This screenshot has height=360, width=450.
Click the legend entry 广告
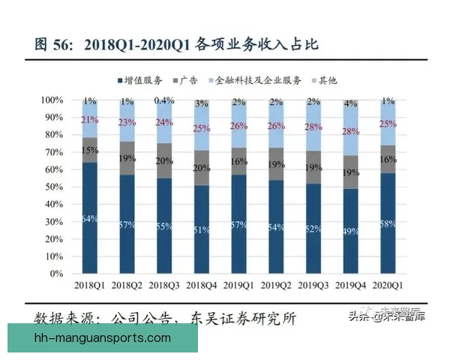(188, 79)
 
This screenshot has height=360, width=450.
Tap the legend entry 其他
(327, 79)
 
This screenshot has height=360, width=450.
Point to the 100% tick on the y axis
(52, 100)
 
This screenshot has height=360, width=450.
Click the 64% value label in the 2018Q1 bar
(90, 218)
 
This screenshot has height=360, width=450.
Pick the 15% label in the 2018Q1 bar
(90, 151)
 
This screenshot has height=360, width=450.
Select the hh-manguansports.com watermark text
(103, 338)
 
